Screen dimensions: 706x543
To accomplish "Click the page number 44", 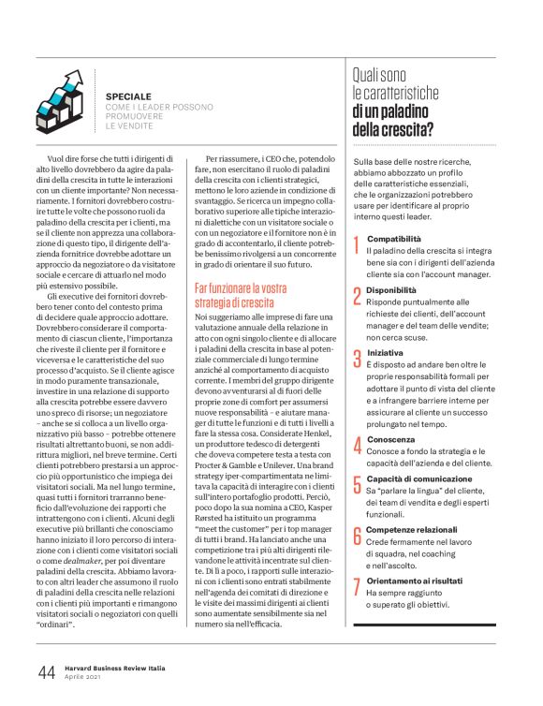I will (x=46, y=672).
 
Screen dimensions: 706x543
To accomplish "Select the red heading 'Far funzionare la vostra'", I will (x=241, y=288).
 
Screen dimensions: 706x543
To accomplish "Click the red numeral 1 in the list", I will (x=356, y=246).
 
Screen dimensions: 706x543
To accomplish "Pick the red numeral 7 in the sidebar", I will (x=356, y=587).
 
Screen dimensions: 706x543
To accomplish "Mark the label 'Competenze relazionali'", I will (x=410, y=528).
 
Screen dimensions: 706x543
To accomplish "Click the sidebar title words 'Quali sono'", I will (x=383, y=72).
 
